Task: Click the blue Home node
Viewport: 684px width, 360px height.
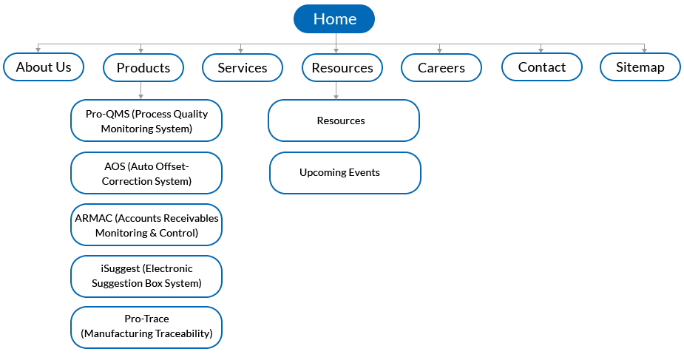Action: coord(334,18)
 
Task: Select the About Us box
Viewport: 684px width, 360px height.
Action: coord(44,67)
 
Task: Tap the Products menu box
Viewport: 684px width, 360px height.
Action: coord(143,67)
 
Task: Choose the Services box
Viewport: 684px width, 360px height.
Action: coord(243,67)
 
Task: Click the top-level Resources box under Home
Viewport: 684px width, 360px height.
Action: coord(342,67)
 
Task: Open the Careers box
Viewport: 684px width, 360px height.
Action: coord(441,67)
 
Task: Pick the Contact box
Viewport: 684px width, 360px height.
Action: coord(542,67)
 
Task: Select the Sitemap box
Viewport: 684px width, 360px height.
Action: coord(640,67)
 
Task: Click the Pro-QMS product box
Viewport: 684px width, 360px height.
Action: coord(146,120)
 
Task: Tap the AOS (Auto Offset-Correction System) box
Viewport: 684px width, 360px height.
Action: coord(146,173)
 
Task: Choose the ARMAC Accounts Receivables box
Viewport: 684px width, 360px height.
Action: coord(146,225)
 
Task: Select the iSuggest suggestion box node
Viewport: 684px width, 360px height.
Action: coord(146,276)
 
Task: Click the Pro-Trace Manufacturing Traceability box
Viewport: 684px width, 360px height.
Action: coord(146,327)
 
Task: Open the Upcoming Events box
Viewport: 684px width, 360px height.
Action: coord(345,173)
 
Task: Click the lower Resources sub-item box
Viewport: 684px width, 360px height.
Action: coord(344,120)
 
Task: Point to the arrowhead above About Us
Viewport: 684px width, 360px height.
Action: coord(38,50)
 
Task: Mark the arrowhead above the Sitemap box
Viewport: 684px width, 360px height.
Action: coord(644,50)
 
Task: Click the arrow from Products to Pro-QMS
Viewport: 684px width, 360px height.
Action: coord(140,91)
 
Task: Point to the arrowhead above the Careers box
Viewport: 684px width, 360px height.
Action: coord(439,51)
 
